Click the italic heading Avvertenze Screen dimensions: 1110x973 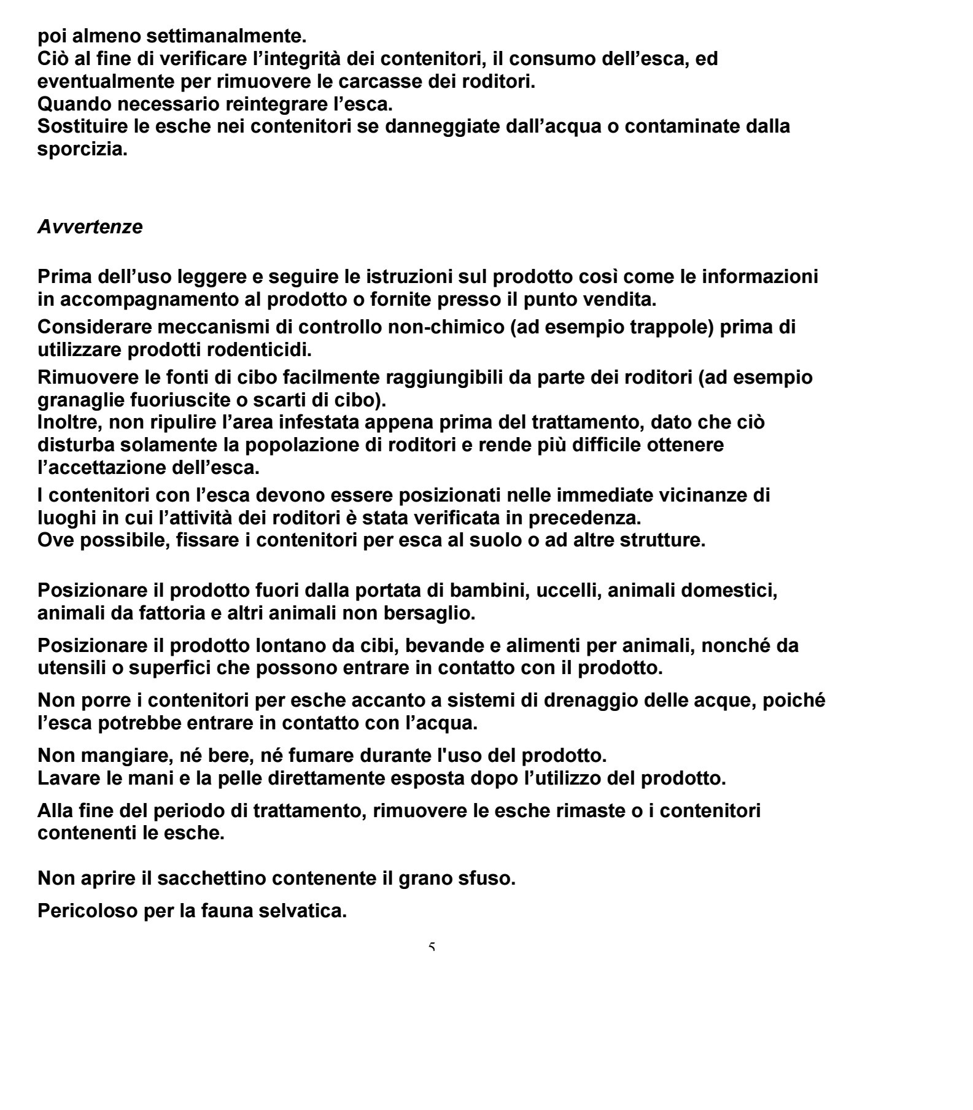coord(90,227)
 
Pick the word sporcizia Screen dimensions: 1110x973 coord(82,149)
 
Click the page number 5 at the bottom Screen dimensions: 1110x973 coord(432,948)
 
